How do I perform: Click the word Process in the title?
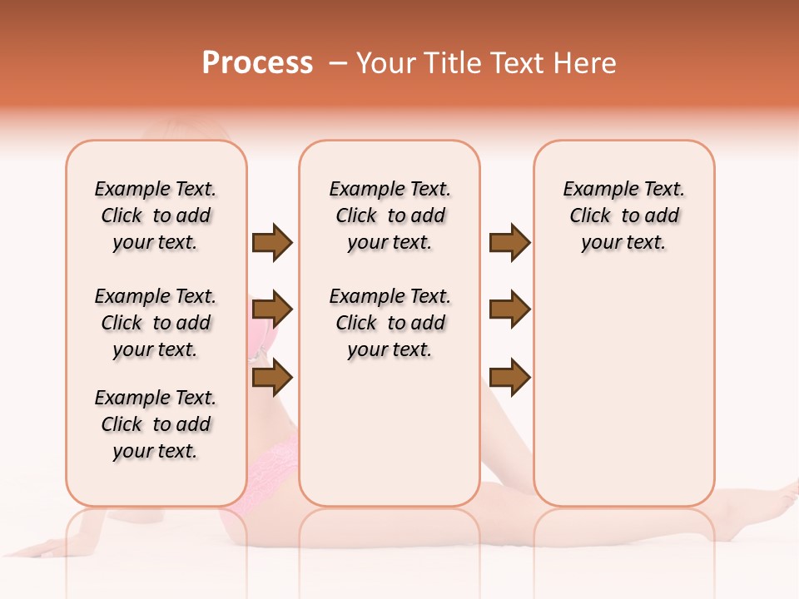(257, 63)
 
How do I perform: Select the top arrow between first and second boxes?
(272, 243)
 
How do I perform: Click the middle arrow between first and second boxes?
(272, 310)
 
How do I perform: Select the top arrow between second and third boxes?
(509, 243)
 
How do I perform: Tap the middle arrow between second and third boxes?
(509, 310)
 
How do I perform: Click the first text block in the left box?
(156, 215)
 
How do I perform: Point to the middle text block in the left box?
(156, 323)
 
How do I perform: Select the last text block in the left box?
(156, 424)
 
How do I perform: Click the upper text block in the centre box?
(390, 215)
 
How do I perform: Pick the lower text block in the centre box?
(390, 323)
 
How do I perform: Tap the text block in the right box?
(624, 215)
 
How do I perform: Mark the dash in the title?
(338, 63)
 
